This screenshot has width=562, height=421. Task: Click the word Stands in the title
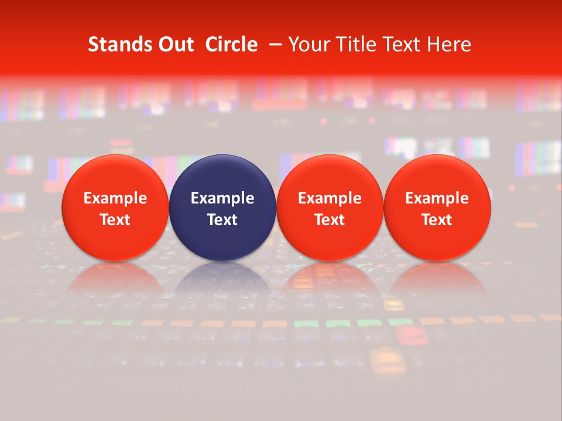click(x=120, y=44)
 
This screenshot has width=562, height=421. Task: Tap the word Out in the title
click(x=176, y=44)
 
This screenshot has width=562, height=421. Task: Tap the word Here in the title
click(x=450, y=44)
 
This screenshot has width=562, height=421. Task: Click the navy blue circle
click(x=222, y=175)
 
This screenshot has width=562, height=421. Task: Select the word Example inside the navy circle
click(x=222, y=198)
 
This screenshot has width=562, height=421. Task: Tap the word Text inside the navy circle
click(x=222, y=220)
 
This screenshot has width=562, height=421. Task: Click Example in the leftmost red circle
click(x=115, y=198)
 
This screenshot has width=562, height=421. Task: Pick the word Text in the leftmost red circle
click(x=115, y=220)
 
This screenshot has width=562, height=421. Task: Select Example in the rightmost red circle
click(x=437, y=198)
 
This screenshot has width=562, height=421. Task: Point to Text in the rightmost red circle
click(x=437, y=220)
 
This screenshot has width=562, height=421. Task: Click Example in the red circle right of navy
click(x=330, y=198)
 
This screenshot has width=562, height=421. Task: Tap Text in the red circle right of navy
click(x=330, y=220)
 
